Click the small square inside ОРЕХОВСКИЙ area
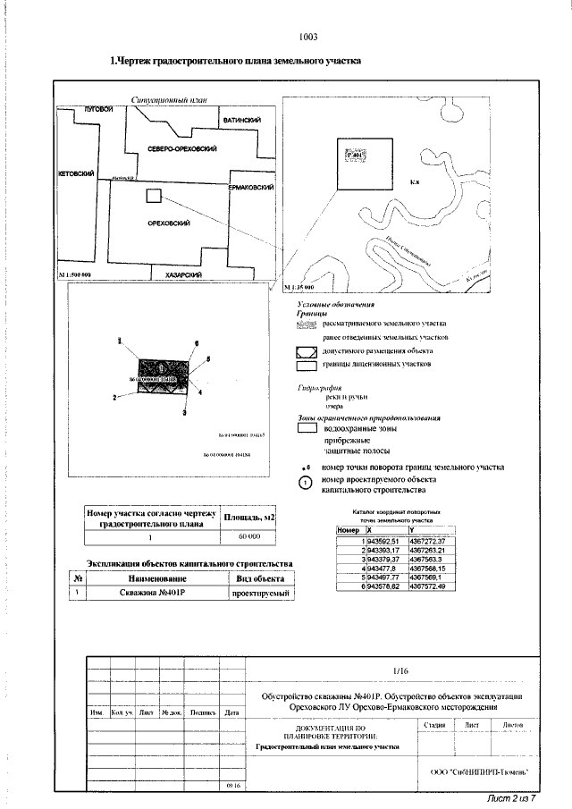(x=154, y=196)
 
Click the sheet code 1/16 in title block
(x=400, y=670)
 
